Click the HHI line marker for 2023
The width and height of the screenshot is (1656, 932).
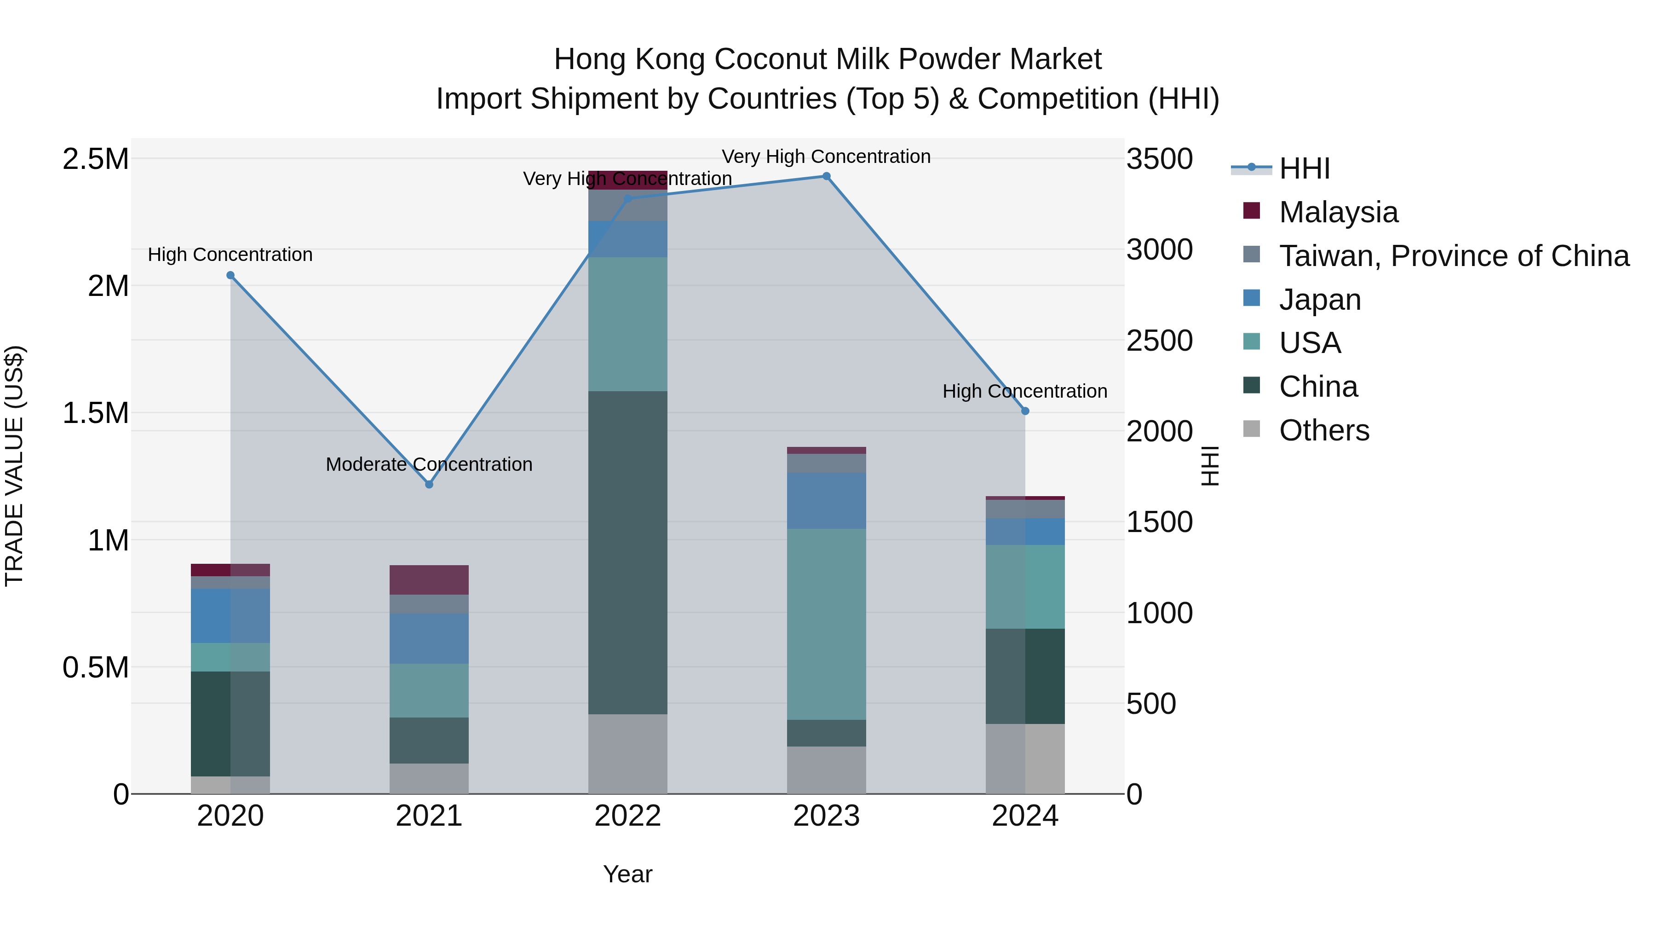pyautogui.click(x=827, y=176)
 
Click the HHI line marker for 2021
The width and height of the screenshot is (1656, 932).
pyautogui.click(x=430, y=484)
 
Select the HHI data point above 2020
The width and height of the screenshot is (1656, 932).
pyautogui.click(x=231, y=275)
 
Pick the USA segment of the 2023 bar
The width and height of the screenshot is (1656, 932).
pyautogui.click(x=827, y=624)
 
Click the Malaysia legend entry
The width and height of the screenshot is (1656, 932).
pyautogui.click(x=1339, y=212)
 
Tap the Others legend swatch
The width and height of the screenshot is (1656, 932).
pyautogui.click(x=1252, y=429)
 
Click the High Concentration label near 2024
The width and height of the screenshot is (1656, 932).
pyautogui.click(x=1025, y=391)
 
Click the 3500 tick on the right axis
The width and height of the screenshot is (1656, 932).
pyautogui.click(x=1159, y=159)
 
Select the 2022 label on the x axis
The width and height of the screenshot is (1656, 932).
pyautogui.click(x=628, y=816)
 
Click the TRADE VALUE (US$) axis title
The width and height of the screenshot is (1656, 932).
pyautogui.click(x=14, y=466)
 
